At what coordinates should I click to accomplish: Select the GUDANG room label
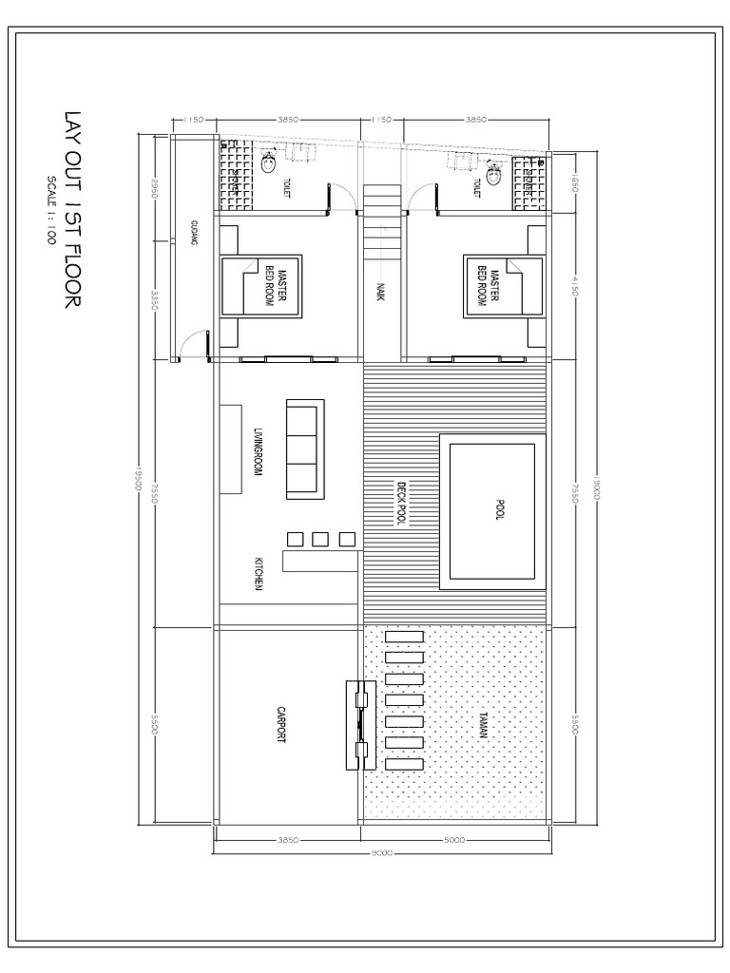pos(194,233)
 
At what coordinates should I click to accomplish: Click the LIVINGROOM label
pos(257,451)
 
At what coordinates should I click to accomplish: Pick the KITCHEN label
pos(258,573)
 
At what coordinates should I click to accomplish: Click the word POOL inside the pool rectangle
pos(499,510)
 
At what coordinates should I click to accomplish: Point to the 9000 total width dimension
pos(382,853)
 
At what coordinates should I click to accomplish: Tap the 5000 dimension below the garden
pos(454,840)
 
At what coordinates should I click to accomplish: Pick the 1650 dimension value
pos(574,182)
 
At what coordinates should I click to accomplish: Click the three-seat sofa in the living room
pos(305,448)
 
